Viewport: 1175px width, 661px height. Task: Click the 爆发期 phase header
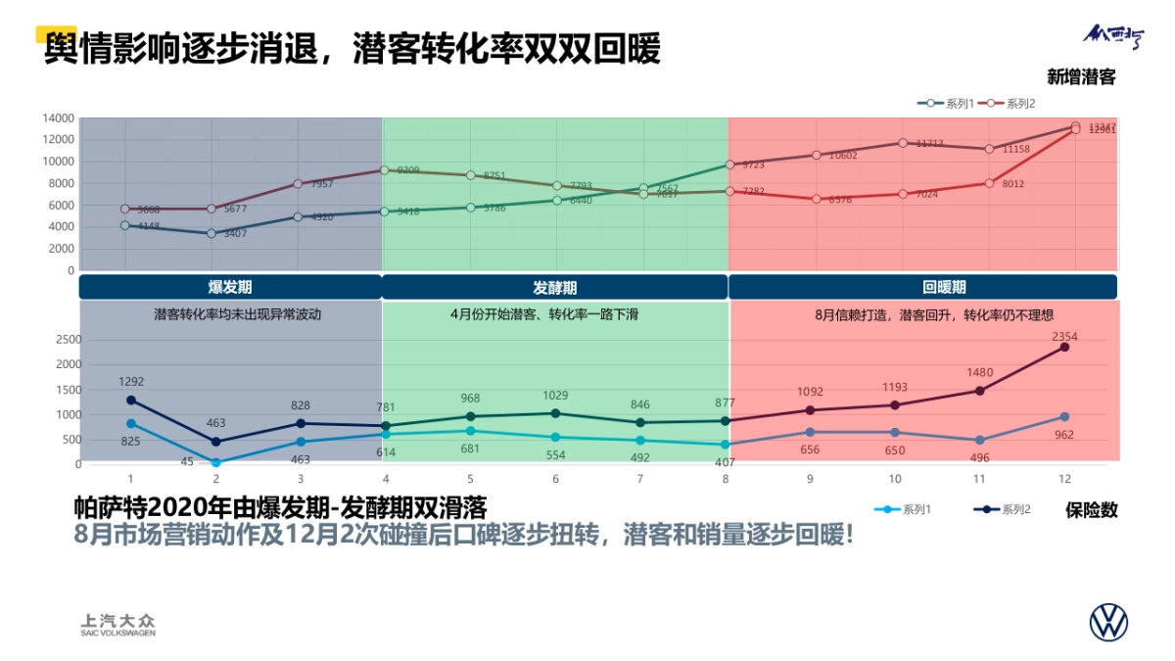(x=230, y=287)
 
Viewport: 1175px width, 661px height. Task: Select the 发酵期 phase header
(x=554, y=287)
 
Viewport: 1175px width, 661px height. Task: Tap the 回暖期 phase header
(x=944, y=287)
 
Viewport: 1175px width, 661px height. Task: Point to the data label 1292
(x=131, y=382)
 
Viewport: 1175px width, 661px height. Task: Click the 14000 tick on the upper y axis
(x=58, y=118)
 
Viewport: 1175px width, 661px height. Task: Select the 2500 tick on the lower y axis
(x=68, y=340)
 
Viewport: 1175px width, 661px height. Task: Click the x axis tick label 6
(x=555, y=479)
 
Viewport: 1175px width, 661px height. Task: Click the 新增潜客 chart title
(x=1081, y=76)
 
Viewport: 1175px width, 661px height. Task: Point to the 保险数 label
(x=1091, y=510)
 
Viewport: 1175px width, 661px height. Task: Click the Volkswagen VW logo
(x=1108, y=623)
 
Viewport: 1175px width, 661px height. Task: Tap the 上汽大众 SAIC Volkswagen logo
(x=117, y=625)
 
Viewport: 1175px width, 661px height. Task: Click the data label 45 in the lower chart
(x=187, y=461)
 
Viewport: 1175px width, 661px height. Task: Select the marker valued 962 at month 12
(x=1064, y=416)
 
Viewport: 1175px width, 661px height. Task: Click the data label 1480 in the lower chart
(x=980, y=372)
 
